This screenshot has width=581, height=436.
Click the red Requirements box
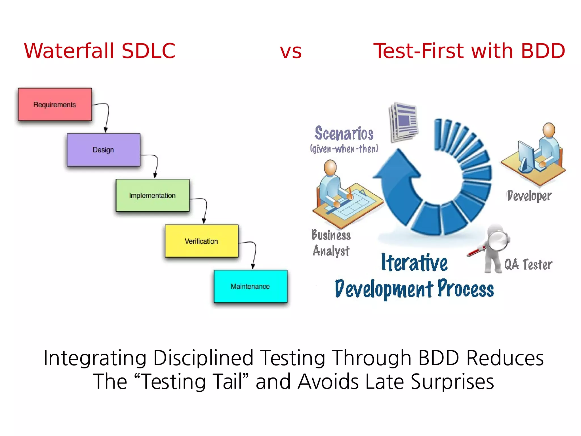point(55,105)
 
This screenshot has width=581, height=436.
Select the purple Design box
point(103,150)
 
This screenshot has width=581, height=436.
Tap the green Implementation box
point(152,195)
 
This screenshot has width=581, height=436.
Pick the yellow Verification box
point(201,241)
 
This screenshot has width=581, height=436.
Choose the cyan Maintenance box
point(250,286)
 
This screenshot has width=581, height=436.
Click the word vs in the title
point(290,51)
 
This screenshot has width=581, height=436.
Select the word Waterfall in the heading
point(69,51)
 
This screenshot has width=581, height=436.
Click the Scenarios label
point(344,133)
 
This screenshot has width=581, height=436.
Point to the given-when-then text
point(344,149)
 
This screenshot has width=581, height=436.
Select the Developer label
point(529,196)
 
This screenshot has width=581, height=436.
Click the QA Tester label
point(528,264)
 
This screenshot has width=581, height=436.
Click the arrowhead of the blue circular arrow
point(397,165)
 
